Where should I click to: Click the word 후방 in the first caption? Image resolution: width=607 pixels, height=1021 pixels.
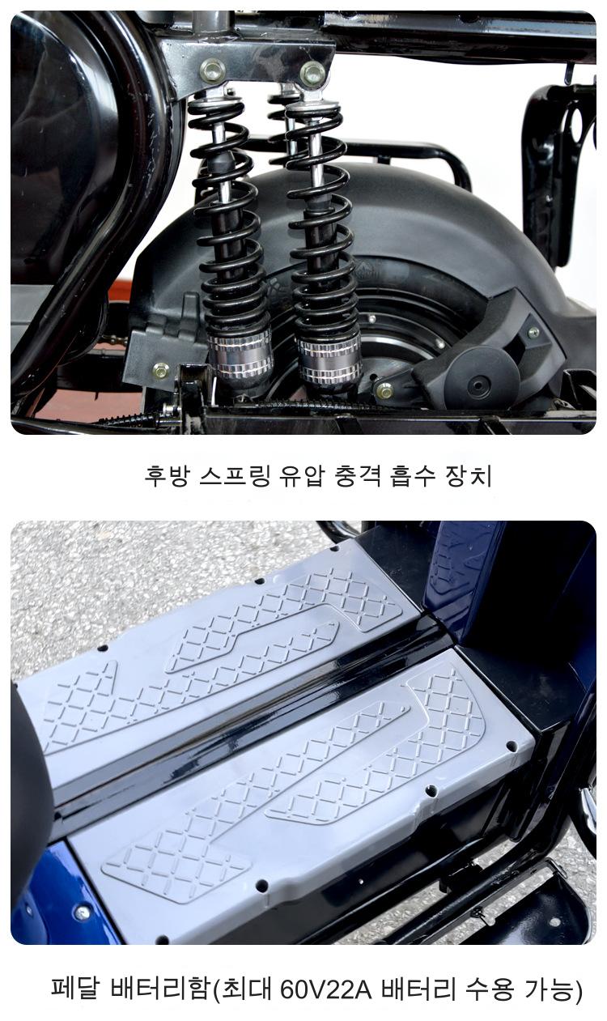click(x=167, y=476)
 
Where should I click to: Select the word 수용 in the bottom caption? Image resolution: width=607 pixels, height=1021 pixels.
click(x=490, y=988)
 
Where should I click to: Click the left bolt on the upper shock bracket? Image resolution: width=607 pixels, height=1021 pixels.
click(x=212, y=70)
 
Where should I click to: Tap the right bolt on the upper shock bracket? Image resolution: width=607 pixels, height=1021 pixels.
click(x=312, y=73)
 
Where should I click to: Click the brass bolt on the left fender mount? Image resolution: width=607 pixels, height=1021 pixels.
click(x=161, y=371)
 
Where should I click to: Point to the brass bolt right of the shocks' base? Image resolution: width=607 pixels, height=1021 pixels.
click(x=384, y=390)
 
